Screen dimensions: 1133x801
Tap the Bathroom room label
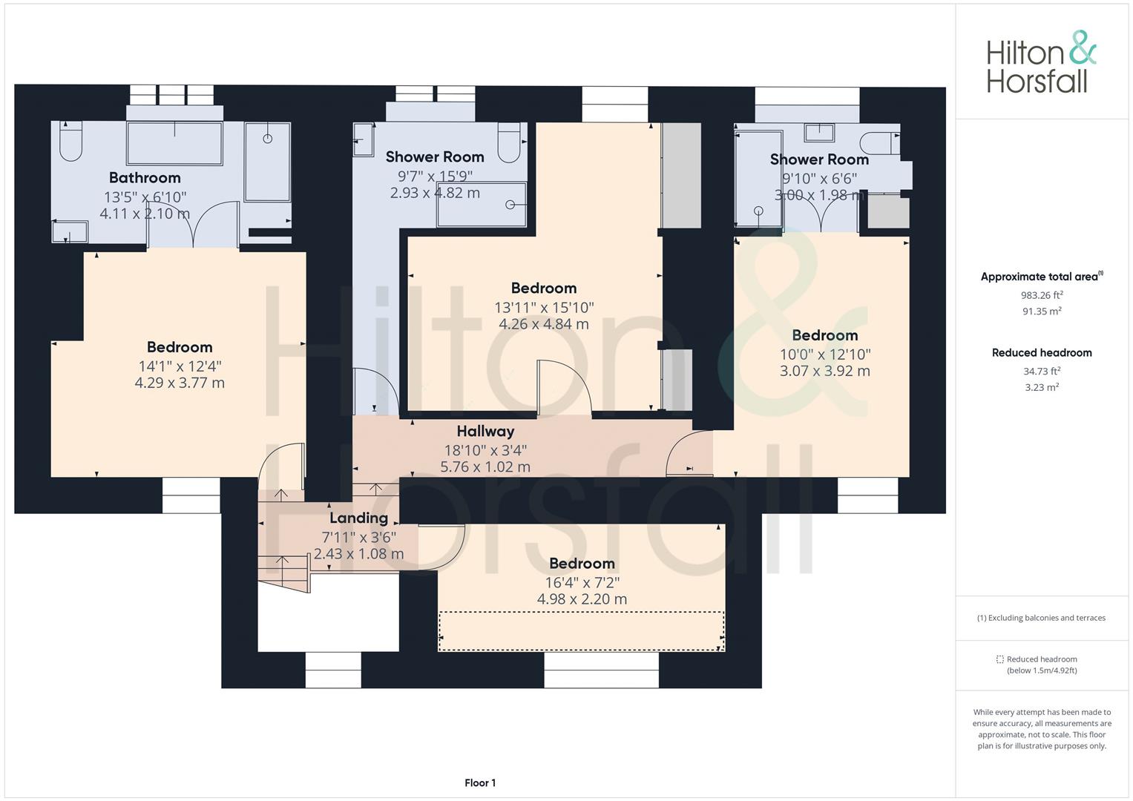click(x=145, y=177)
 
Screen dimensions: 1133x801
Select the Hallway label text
click(x=485, y=432)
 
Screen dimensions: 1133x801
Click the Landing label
click(x=358, y=518)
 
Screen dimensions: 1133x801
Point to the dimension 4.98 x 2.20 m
click(x=582, y=599)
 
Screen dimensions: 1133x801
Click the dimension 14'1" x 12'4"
click(x=180, y=366)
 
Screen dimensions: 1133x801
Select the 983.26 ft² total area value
click(x=1042, y=295)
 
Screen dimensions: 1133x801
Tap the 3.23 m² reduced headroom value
click(x=1042, y=387)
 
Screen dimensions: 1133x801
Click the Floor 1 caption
click(x=480, y=782)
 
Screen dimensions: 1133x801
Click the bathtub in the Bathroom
click(x=174, y=143)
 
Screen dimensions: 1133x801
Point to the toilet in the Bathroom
click(x=70, y=141)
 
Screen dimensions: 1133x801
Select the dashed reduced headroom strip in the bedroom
click(x=581, y=631)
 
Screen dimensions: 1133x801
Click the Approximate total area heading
click(x=1042, y=276)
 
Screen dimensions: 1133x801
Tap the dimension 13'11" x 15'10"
click(x=544, y=308)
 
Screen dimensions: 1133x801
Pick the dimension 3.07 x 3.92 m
click(x=824, y=371)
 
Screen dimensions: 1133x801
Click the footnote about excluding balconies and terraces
click(x=1041, y=618)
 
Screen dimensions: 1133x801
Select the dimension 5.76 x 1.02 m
click(x=485, y=467)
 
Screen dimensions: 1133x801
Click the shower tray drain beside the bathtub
click(x=268, y=139)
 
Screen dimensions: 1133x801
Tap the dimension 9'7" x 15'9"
click(x=435, y=176)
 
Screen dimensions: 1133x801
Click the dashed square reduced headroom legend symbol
click(x=999, y=659)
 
